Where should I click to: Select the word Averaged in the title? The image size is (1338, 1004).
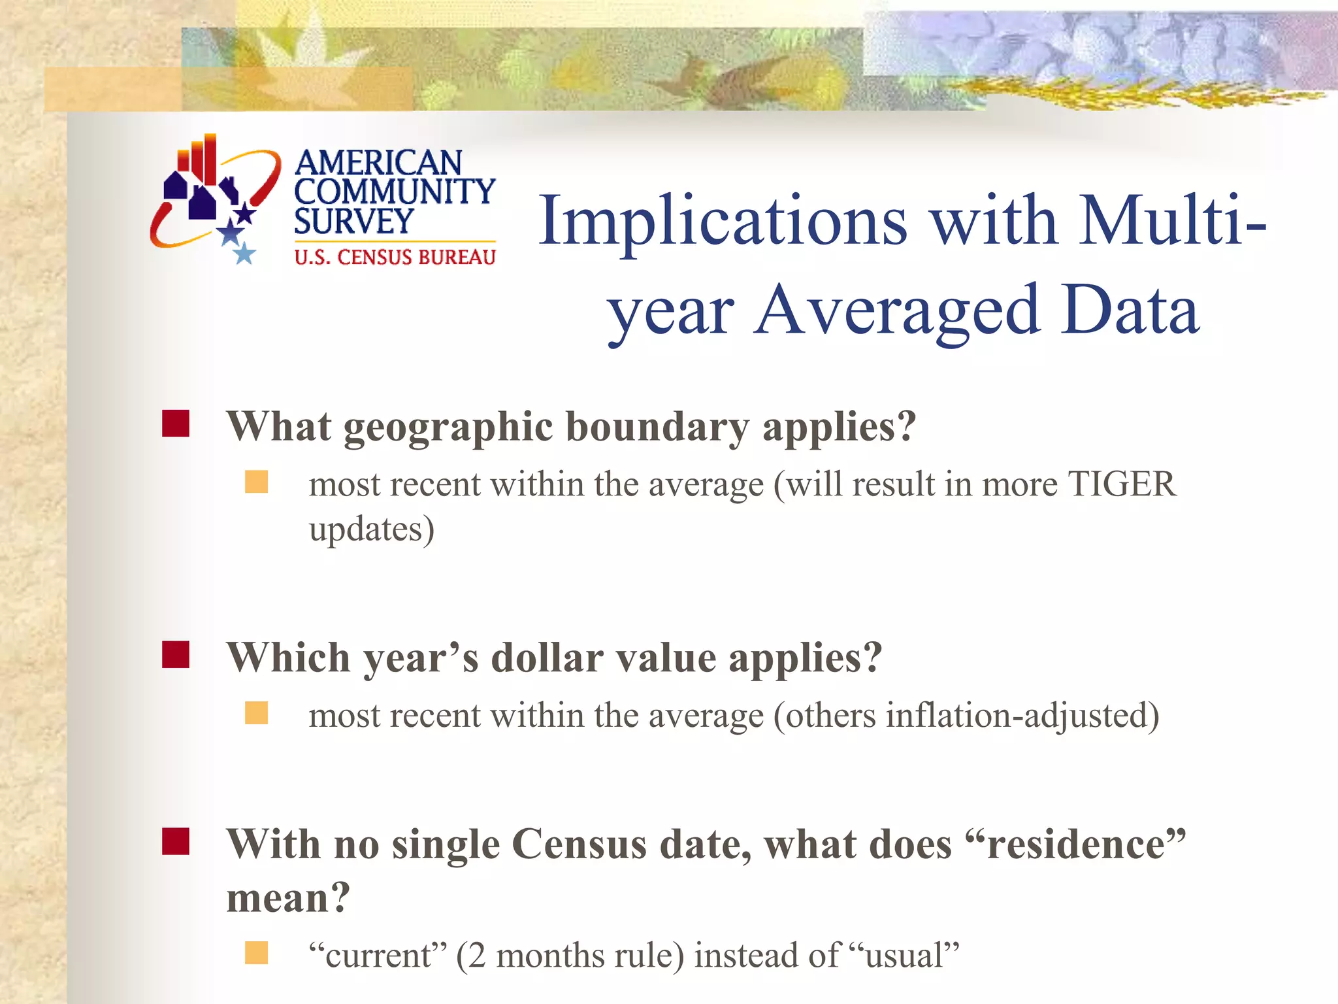point(896,311)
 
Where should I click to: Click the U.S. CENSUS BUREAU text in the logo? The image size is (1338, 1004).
point(395,258)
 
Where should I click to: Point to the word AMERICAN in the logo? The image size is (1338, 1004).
point(378,163)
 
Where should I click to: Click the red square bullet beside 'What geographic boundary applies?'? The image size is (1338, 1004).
point(176,424)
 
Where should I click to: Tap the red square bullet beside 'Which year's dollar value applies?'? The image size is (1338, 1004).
point(176,654)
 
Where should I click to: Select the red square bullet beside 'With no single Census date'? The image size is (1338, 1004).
point(176,841)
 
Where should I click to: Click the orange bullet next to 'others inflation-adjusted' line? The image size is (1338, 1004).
point(256,713)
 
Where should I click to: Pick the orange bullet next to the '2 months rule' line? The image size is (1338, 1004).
point(256,953)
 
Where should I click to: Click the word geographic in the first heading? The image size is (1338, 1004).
point(448,428)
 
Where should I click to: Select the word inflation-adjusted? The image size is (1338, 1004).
point(1022,715)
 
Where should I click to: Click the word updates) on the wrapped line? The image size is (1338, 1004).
point(371,529)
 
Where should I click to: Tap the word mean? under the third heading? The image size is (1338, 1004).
point(288,897)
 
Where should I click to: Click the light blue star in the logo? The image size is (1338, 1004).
point(244,253)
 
